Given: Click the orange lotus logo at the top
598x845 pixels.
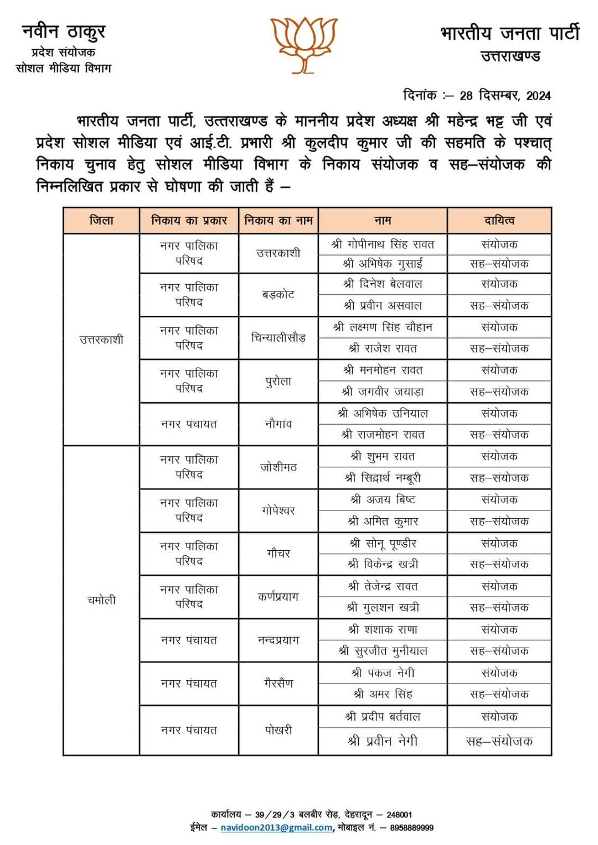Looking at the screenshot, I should pyautogui.click(x=303, y=44).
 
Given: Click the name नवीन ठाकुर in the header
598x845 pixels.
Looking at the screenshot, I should pyautogui.click(x=64, y=32).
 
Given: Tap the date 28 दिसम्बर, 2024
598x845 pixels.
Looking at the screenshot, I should pyautogui.click(x=505, y=96).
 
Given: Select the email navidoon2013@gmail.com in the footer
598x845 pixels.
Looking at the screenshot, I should pyautogui.click(x=276, y=828).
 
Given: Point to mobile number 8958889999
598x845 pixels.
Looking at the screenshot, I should pyautogui.click(x=411, y=828).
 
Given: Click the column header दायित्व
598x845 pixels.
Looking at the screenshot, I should pyautogui.click(x=499, y=221).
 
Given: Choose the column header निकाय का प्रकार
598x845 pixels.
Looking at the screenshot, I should pyautogui.click(x=189, y=221).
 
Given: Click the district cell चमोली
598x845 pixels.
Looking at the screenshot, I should pyautogui.click(x=101, y=600).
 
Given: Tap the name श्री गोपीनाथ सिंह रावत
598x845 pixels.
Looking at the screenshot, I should pyautogui.click(x=383, y=244).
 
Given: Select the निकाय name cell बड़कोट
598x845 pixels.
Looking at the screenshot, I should pyautogui.click(x=278, y=295).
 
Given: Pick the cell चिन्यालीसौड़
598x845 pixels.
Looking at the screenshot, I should pyautogui.click(x=278, y=338).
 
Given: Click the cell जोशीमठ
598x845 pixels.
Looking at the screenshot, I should pyautogui.click(x=278, y=467).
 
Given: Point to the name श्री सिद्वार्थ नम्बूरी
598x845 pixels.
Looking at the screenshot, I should pyautogui.click(x=383, y=478).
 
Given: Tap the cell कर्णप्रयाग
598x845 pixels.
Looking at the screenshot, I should pyautogui.click(x=278, y=597).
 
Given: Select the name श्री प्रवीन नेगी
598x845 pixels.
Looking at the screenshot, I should pyautogui.click(x=383, y=741).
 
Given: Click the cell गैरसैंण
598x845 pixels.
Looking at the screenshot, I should pyautogui.click(x=278, y=684).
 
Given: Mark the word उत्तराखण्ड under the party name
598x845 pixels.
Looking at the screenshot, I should pyautogui.click(x=510, y=56).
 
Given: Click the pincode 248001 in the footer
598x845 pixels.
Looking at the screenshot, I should pyautogui.click(x=399, y=815).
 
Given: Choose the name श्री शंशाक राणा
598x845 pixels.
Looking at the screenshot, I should pyautogui.click(x=383, y=629).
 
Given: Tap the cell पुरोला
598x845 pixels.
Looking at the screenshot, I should pyautogui.click(x=278, y=381).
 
